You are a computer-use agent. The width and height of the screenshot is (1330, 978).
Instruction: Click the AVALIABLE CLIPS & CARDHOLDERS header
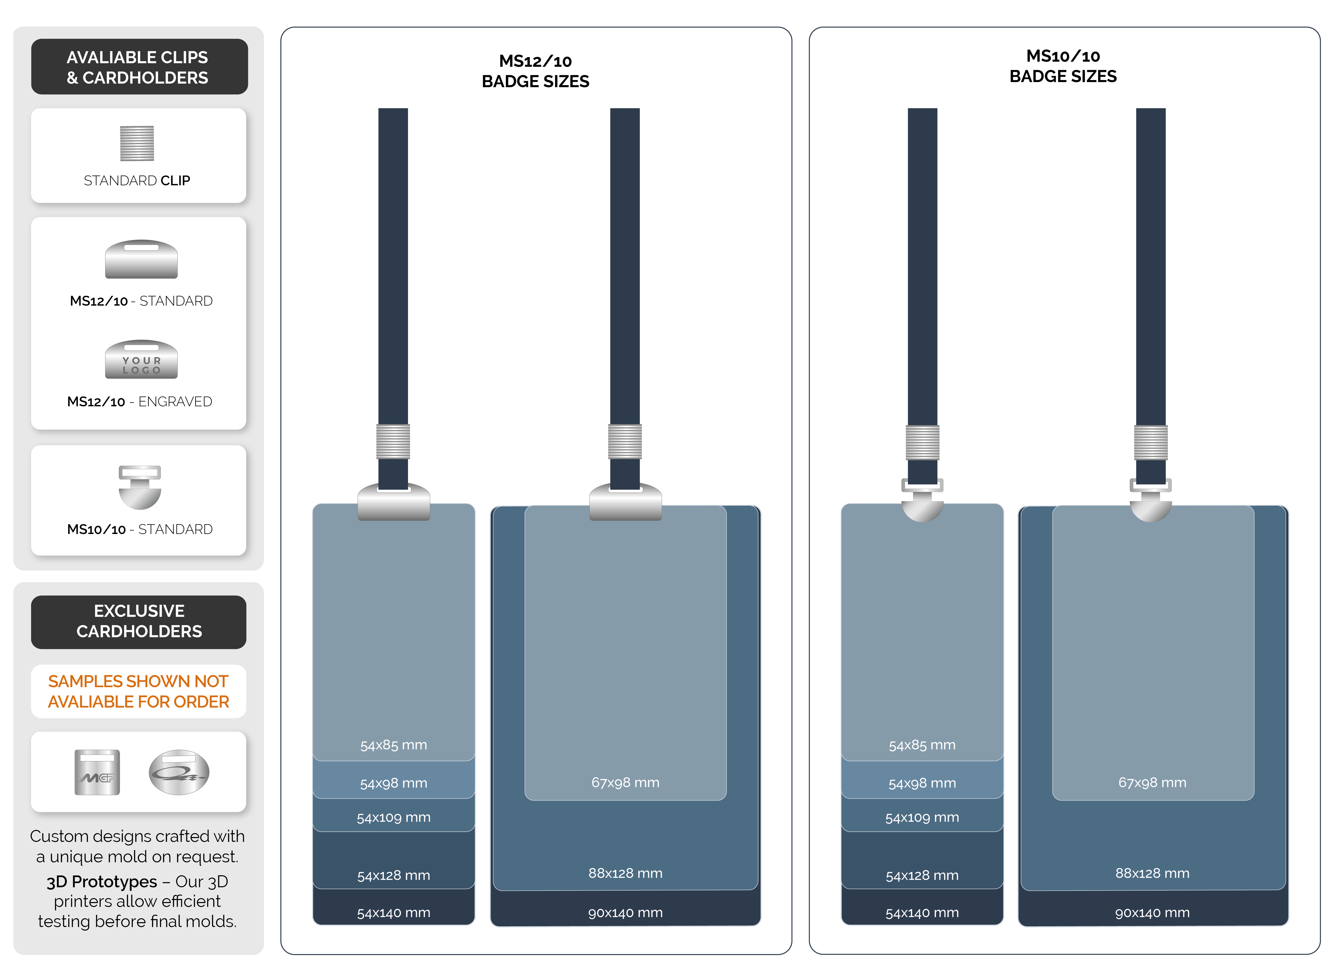(139, 67)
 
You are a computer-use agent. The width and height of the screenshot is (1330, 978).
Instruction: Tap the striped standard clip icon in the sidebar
(137, 143)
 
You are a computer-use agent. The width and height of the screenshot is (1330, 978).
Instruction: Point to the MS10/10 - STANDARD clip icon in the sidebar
(140, 487)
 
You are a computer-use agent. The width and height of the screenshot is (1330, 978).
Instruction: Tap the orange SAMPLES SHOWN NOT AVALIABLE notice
(139, 692)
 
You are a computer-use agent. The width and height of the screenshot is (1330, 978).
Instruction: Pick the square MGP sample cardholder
(97, 772)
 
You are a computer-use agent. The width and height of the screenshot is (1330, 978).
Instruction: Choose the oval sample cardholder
(179, 772)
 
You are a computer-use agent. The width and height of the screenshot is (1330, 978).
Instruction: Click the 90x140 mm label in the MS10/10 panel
(1152, 913)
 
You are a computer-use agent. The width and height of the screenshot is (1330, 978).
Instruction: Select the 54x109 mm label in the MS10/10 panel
(922, 818)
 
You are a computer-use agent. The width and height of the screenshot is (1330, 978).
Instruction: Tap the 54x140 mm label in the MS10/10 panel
(922, 913)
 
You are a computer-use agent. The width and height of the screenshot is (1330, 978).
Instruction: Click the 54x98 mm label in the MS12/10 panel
(394, 783)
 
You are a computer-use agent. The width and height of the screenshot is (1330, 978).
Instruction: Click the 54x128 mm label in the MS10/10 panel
(922, 876)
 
